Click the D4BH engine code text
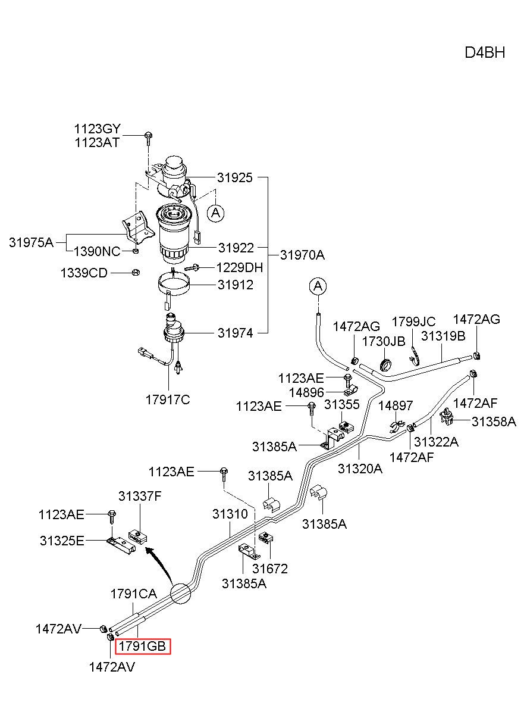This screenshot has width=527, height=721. [x=485, y=52]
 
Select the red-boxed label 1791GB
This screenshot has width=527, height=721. [x=143, y=646]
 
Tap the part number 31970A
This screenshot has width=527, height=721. [x=302, y=255]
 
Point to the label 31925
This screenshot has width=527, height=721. [x=235, y=177]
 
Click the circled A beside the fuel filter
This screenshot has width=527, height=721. [x=215, y=213]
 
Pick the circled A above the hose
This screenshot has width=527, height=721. [x=318, y=286]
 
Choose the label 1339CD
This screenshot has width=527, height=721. [x=84, y=273]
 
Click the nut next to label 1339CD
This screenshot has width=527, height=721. [x=136, y=272]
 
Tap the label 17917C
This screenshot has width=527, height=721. [x=168, y=399]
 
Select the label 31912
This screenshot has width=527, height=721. [x=236, y=285]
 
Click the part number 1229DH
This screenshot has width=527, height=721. [x=240, y=267]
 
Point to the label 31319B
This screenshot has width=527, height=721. [x=443, y=336]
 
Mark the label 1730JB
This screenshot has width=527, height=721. [x=384, y=342]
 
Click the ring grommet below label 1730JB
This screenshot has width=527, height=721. [x=385, y=365]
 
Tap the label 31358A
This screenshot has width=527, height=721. [x=494, y=422]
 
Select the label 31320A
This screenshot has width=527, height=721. [x=360, y=469]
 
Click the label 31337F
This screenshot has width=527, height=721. [x=140, y=496]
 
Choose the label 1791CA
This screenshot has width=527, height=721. [x=133, y=594]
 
